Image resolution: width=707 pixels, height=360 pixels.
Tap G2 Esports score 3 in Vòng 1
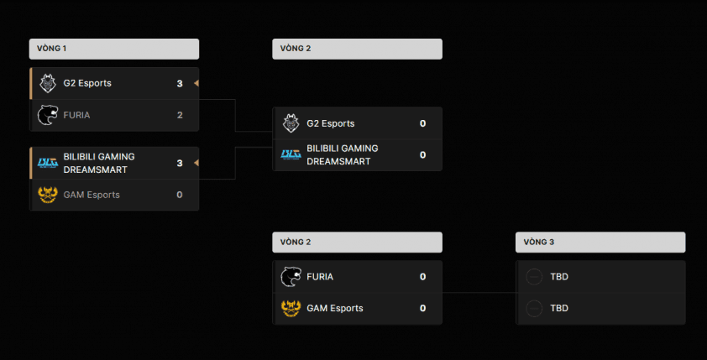tap(180, 83)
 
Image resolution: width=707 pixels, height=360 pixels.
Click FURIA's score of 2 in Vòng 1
tap(180, 115)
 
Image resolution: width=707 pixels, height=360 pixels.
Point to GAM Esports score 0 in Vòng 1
tap(180, 195)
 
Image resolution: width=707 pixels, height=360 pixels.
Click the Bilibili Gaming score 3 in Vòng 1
tap(180, 163)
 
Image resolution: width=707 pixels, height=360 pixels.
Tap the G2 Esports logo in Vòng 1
tap(47, 83)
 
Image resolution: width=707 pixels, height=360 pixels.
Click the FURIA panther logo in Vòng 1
tap(47, 115)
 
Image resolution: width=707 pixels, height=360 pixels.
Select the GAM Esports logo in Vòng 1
tap(47, 195)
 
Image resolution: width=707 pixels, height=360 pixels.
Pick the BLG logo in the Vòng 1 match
tap(47, 163)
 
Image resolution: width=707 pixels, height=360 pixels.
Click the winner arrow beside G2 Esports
tap(196, 83)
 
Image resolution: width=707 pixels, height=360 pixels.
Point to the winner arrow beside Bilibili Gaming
tap(196, 163)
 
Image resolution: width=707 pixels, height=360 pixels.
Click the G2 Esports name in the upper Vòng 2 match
tap(331, 123)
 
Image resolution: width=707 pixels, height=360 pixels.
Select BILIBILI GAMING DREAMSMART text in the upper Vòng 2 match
tap(343, 154)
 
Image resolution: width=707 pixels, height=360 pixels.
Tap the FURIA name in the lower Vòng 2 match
tap(320, 276)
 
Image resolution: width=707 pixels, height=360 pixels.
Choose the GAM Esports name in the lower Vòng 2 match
tap(335, 308)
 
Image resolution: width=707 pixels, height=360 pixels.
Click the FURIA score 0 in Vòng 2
tap(422, 276)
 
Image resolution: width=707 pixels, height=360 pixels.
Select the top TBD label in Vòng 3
tap(559, 276)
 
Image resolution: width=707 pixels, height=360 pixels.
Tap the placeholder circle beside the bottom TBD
tap(533, 308)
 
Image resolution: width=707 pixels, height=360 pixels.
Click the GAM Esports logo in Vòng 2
tap(291, 308)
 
